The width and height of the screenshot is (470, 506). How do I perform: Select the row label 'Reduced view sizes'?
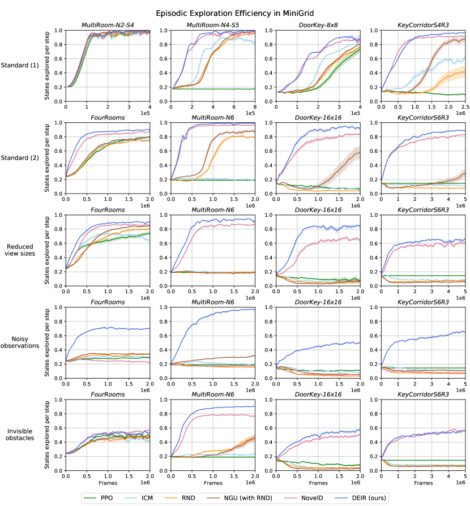(21, 250)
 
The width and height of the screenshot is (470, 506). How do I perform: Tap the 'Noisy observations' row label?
(21, 342)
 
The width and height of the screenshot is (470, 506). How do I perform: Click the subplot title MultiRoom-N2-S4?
(108, 25)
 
